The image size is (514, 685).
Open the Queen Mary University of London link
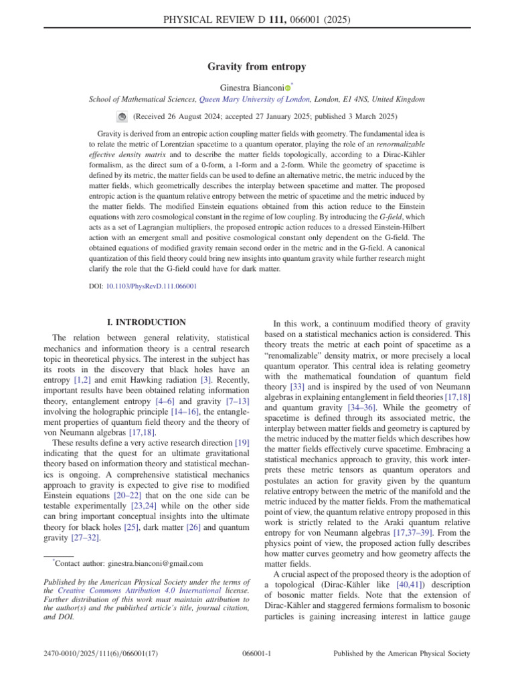click(x=254, y=99)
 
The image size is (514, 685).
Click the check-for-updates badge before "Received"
click(x=122, y=116)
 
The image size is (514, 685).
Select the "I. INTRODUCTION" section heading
click(x=146, y=322)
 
